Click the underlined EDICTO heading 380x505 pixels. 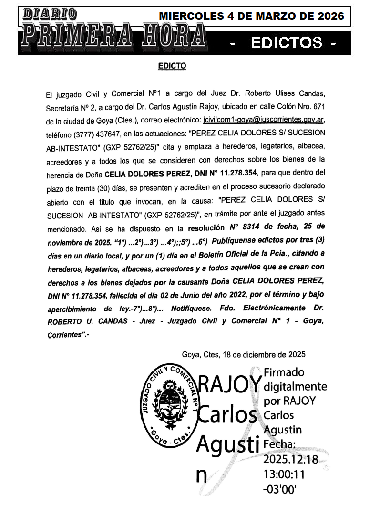point(172,66)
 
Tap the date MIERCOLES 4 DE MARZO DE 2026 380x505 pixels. point(251,16)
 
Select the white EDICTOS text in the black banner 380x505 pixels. point(286,43)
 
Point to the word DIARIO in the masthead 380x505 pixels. point(50,14)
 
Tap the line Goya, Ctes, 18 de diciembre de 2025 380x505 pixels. point(243,354)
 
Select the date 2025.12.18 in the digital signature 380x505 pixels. point(290,460)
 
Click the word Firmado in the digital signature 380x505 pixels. point(284,372)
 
